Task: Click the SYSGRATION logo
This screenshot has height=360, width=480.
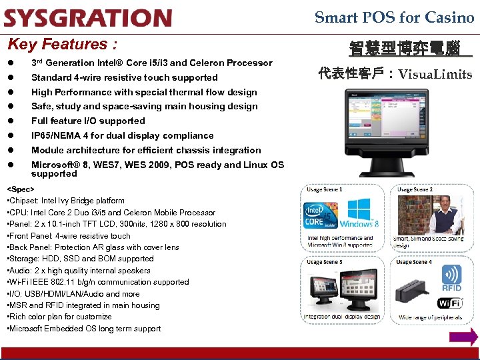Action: coord(87,18)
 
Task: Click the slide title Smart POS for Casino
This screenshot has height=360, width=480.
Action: coord(394,18)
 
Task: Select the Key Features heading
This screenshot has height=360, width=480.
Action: coord(62,45)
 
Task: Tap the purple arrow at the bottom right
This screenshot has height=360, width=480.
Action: coord(463,337)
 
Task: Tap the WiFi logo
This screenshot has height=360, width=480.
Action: coord(449,303)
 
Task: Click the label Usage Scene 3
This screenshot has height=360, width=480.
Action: coord(324,263)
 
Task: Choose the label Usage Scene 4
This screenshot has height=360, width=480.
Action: coord(415,263)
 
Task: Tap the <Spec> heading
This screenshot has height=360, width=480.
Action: coord(21,189)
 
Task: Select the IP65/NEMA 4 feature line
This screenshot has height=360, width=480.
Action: coord(123,135)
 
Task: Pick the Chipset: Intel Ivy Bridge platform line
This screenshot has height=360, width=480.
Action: coord(65,201)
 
